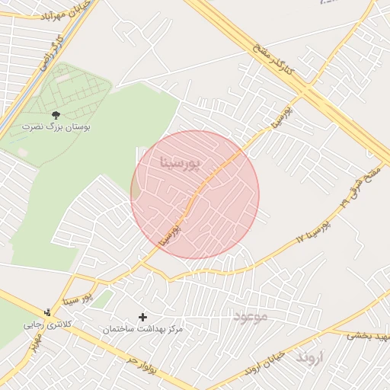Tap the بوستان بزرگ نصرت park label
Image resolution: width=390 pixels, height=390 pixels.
point(55,127)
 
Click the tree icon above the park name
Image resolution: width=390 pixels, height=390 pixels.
point(55,114)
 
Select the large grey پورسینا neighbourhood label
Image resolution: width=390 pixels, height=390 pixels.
point(181,162)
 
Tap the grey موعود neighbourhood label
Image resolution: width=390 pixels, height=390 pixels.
point(251,316)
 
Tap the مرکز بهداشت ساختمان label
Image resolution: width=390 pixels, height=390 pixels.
point(143,329)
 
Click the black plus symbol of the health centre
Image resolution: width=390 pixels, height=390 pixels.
point(142,316)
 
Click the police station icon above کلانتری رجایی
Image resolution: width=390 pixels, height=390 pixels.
point(48,312)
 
